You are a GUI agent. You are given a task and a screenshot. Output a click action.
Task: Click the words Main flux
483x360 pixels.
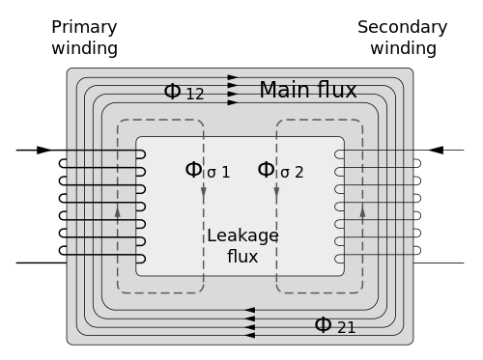coord(307,91)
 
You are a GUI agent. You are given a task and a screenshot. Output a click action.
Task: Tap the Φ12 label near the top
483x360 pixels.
coord(184,93)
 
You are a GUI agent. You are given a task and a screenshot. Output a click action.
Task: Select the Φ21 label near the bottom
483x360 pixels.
coord(334,325)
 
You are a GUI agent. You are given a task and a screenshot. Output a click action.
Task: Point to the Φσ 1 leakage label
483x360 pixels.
coord(207,171)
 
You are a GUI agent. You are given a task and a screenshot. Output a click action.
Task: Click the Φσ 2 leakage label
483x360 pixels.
coord(280,171)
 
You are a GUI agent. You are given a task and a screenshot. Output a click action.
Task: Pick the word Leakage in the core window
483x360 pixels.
coord(242,235)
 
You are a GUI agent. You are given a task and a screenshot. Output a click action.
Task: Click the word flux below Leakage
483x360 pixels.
coord(242,256)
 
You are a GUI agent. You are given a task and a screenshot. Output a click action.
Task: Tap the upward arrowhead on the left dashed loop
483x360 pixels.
coord(118,209)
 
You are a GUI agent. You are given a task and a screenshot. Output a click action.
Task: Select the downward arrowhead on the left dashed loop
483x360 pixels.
coord(204,192)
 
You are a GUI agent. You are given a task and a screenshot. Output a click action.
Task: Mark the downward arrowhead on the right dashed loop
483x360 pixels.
coord(276,192)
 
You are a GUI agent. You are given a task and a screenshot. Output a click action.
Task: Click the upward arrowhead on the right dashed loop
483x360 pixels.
coord(362,209)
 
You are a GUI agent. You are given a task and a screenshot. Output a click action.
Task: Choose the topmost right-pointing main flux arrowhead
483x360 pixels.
coord(233,77)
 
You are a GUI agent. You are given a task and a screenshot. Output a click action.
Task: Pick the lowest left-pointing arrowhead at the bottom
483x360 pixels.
coord(249,337)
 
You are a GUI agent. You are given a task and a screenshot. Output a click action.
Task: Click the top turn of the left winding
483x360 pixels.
coord(140,154)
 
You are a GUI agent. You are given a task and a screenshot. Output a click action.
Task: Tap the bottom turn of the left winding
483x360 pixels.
coord(140,259)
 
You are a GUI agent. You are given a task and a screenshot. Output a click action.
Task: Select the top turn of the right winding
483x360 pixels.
coord(339,154)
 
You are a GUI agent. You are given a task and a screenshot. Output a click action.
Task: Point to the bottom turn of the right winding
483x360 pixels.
coord(339,259)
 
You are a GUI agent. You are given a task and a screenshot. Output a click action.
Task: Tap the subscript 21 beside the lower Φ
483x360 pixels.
coord(346,329)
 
